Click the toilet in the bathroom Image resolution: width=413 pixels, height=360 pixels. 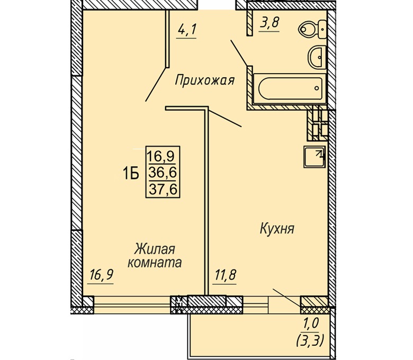[x=312, y=30]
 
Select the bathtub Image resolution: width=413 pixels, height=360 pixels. [x=290, y=89]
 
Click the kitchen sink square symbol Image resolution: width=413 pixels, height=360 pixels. [x=315, y=157]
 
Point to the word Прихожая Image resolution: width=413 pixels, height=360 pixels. [x=205, y=80]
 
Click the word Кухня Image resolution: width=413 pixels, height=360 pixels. [x=277, y=229]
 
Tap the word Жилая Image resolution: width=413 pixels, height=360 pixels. [x=155, y=249]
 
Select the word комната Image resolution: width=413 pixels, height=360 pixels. [x=155, y=263]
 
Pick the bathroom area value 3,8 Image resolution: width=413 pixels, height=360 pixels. [x=269, y=23]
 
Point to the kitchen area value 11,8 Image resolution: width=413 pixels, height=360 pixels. [x=225, y=275]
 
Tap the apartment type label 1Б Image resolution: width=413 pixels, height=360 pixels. [x=131, y=174]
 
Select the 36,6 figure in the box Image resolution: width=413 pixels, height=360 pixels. [x=163, y=173]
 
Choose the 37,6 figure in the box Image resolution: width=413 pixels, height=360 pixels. [x=163, y=189]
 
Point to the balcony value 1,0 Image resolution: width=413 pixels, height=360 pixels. [x=311, y=323]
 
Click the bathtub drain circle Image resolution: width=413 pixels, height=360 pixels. [x=317, y=88]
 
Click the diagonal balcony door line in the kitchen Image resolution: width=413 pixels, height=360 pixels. [x=287, y=298]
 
